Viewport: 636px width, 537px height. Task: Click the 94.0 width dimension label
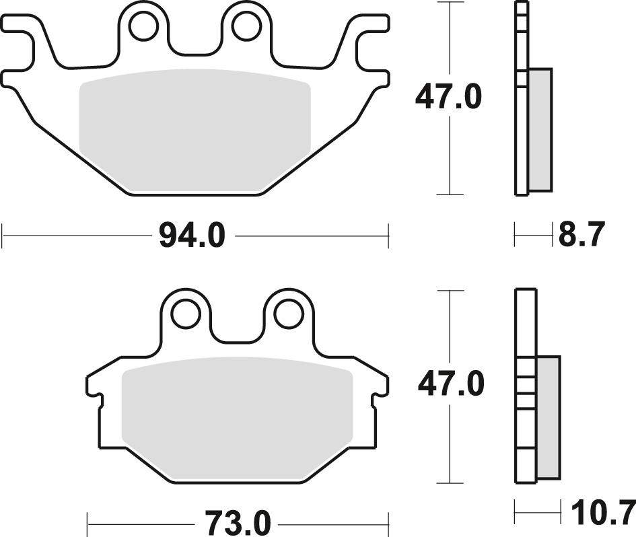[191, 236]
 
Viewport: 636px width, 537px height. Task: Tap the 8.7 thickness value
[582, 236]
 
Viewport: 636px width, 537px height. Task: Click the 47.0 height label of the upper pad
[448, 98]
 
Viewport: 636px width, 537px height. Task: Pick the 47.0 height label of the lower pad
[451, 386]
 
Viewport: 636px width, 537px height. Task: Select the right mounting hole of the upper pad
[245, 27]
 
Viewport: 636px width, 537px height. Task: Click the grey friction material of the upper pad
[194, 131]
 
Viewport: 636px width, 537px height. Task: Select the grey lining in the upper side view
[540, 128]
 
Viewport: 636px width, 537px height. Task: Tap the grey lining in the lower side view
[549, 417]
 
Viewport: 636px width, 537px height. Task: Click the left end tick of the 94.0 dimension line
[3, 236]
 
